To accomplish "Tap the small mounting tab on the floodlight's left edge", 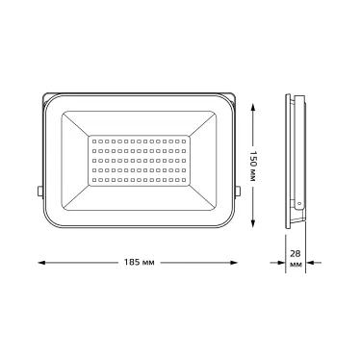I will pyautogui.click(x=39, y=190).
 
